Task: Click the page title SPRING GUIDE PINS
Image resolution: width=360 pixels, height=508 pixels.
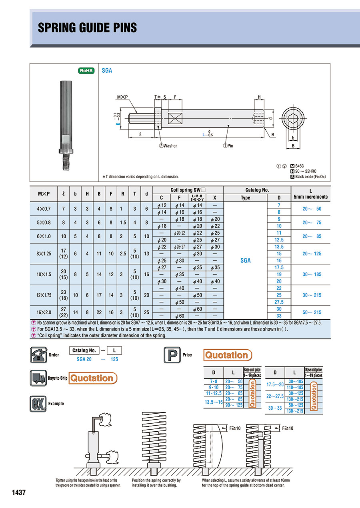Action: [x=87, y=28]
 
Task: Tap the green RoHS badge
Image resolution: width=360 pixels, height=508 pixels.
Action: [x=86, y=71]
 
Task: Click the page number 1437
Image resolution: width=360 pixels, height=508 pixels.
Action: [x=19, y=492]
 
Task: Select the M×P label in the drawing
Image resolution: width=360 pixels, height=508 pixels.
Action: [x=122, y=97]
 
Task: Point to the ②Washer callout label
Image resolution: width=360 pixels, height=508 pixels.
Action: [x=168, y=146]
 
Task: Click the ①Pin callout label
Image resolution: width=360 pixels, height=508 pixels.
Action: [x=228, y=146]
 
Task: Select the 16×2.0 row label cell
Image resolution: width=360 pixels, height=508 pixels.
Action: [x=44, y=312]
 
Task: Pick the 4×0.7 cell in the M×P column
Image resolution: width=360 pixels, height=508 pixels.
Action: [x=44, y=209]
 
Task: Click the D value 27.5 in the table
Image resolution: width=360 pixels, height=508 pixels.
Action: [x=279, y=302]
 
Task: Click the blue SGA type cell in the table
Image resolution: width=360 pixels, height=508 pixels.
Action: [x=245, y=260]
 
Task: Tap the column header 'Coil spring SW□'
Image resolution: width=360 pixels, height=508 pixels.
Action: [x=188, y=190]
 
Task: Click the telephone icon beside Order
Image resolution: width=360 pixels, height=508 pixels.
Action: [x=38, y=355]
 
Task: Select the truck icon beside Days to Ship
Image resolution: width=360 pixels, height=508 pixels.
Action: [x=38, y=378]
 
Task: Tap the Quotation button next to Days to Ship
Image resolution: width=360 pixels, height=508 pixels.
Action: [x=92, y=378]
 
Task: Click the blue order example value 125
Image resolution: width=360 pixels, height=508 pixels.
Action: [x=114, y=359]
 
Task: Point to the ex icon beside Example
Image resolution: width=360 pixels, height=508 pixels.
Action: [x=38, y=403]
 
